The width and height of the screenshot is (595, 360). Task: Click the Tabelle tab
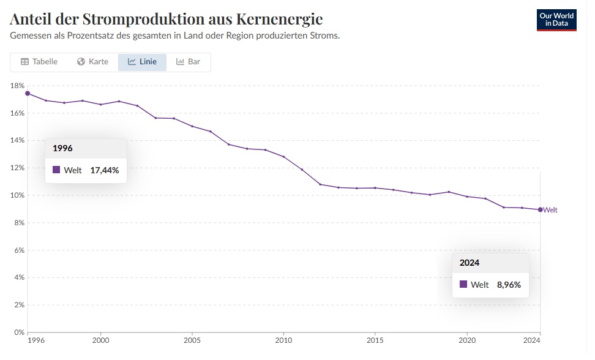pos(39,62)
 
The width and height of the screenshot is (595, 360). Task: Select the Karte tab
pos(92,62)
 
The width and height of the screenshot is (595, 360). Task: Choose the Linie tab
pos(142,62)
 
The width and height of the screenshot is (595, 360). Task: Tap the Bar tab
pos(189,62)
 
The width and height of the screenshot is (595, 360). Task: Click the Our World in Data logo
pos(556,20)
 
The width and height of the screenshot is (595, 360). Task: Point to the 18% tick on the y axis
pos(17,86)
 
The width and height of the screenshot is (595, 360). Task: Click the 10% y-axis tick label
pos(17,195)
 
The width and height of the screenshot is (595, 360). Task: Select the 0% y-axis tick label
pos(18,332)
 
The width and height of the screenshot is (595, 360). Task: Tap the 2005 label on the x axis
pos(192,340)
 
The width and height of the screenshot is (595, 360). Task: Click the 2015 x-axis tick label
pos(375,340)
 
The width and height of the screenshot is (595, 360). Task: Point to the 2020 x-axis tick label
pos(467,340)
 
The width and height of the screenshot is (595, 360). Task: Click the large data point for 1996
pos(28,94)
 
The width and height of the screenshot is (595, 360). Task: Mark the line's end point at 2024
pos(540,210)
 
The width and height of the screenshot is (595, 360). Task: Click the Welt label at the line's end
pos(550,210)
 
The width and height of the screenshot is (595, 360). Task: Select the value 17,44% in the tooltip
pos(105,170)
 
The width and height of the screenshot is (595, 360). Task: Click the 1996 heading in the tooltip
pos(63,148)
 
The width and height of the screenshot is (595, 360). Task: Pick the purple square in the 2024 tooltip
pos(463,284)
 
